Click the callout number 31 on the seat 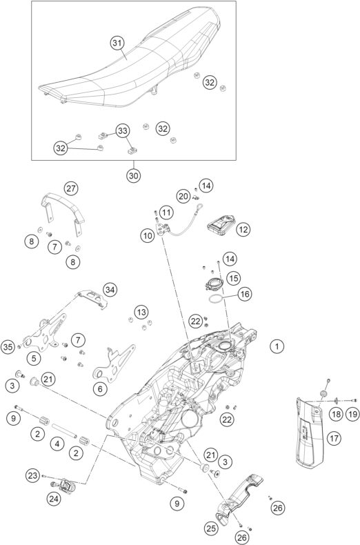point(117,43)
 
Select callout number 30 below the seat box point(133,175)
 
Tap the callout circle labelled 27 point(71,189)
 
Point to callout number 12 point(243,230)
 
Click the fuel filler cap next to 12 point(221,224)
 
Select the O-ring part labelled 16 point(215,299)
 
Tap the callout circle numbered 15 point(234,278)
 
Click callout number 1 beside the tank point(277,346)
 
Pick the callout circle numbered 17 point(334,438)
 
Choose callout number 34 point(110,290)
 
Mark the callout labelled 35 point(8,347)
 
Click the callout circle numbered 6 point(100,389)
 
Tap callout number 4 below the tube point(57,444)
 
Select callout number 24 point(54,499)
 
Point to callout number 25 point(210,528)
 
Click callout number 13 point(141,312)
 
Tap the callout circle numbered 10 point(148,236)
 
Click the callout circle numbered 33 point(122,131)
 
